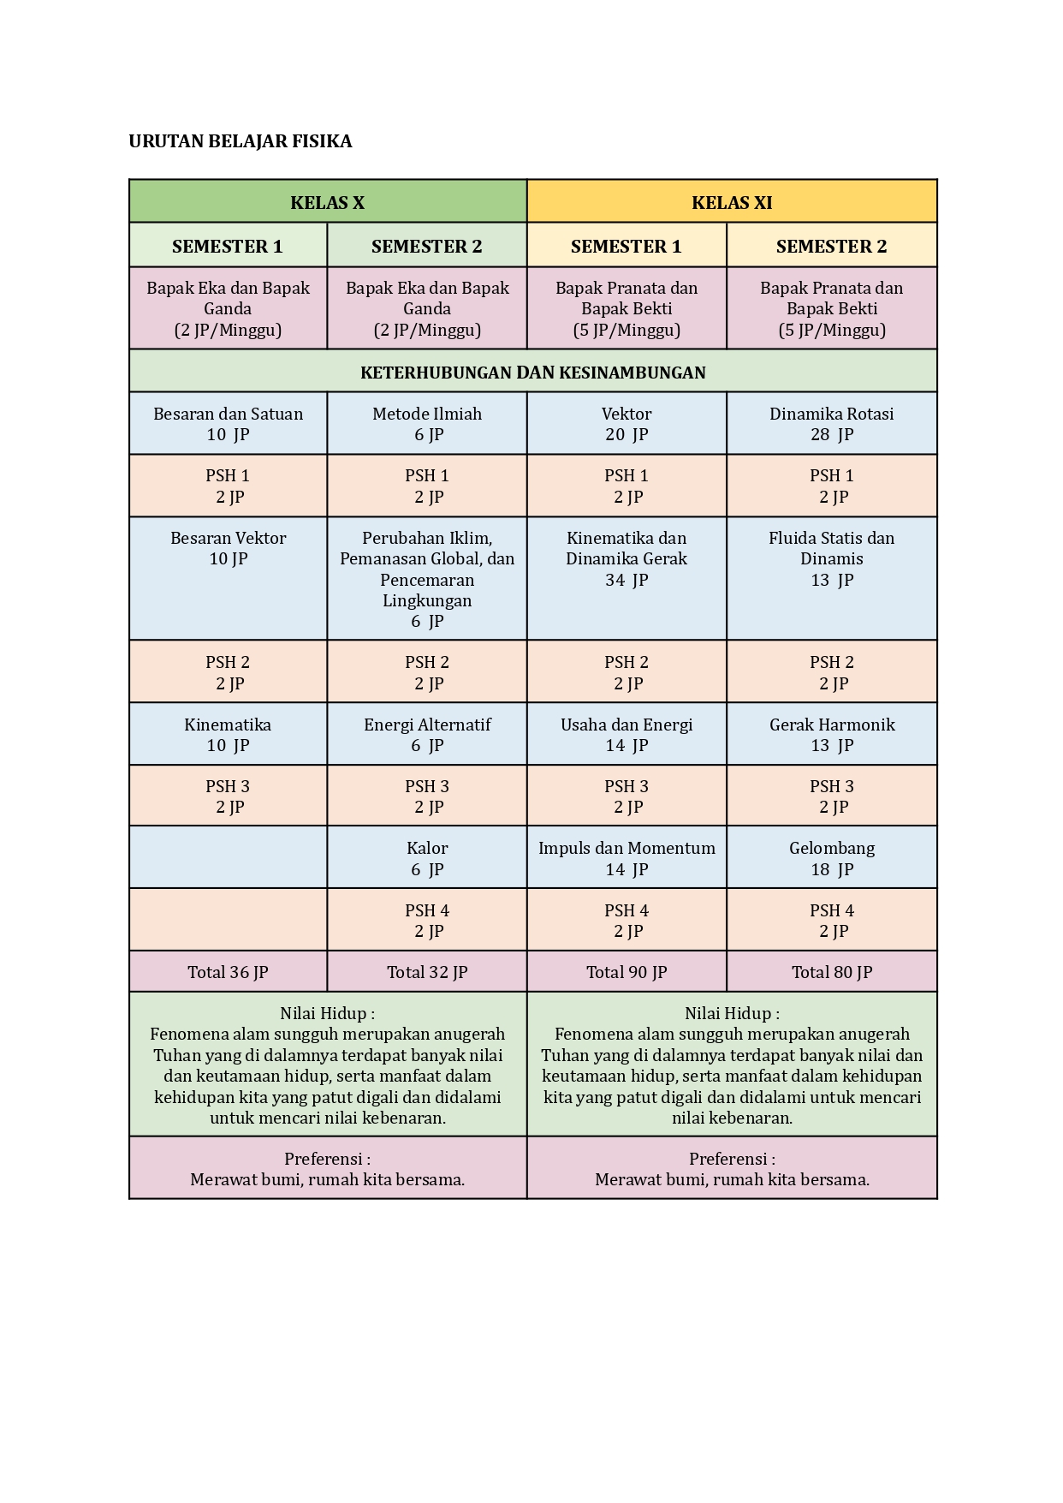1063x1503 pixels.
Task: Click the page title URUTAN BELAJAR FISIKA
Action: [x=240, y=141]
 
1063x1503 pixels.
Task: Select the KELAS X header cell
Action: [x=327, y=202]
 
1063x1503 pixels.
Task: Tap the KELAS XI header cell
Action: [x=732, y=202]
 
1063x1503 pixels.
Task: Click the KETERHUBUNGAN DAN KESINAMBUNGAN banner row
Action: [x=532, y=372]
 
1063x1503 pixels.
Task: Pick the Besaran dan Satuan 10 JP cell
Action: [x=228, y=424]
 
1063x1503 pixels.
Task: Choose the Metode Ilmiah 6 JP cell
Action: [x=427, y=424]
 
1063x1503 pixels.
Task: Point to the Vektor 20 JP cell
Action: [x=627, y=424]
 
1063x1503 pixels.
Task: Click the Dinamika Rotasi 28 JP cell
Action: [x=831, y=424]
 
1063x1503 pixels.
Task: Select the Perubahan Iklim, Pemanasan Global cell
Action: [x=427, y=579]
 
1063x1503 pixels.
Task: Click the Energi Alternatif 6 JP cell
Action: [x=427, y=735]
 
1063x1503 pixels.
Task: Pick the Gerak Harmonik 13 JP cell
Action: [x=831, y=735]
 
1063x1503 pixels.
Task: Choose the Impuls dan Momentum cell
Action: [x=627, y=858]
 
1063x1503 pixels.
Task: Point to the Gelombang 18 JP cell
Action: [x=831, y=858]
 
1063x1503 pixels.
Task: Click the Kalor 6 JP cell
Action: [x=427, y=858]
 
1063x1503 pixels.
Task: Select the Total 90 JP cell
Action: [x=627, y=972]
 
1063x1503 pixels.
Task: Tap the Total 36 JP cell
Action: [x=228, y=972]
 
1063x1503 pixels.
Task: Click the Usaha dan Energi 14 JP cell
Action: [x=627, y=735]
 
